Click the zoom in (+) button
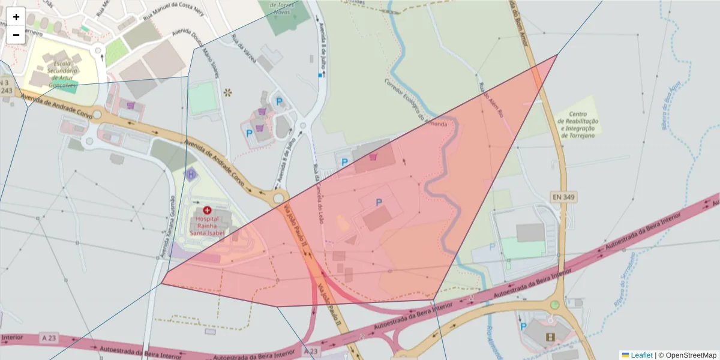coord(16,17)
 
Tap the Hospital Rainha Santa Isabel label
coord(207,226)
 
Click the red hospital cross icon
coord(207,211)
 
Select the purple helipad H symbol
coord(191,175)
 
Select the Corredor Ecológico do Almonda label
coord(416,103)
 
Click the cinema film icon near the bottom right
coord(551,337)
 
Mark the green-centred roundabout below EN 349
coord(554,305)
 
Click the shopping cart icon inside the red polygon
coord(374,157)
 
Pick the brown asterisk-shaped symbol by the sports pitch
coord(227,92)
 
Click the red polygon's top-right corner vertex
coord(557,55)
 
